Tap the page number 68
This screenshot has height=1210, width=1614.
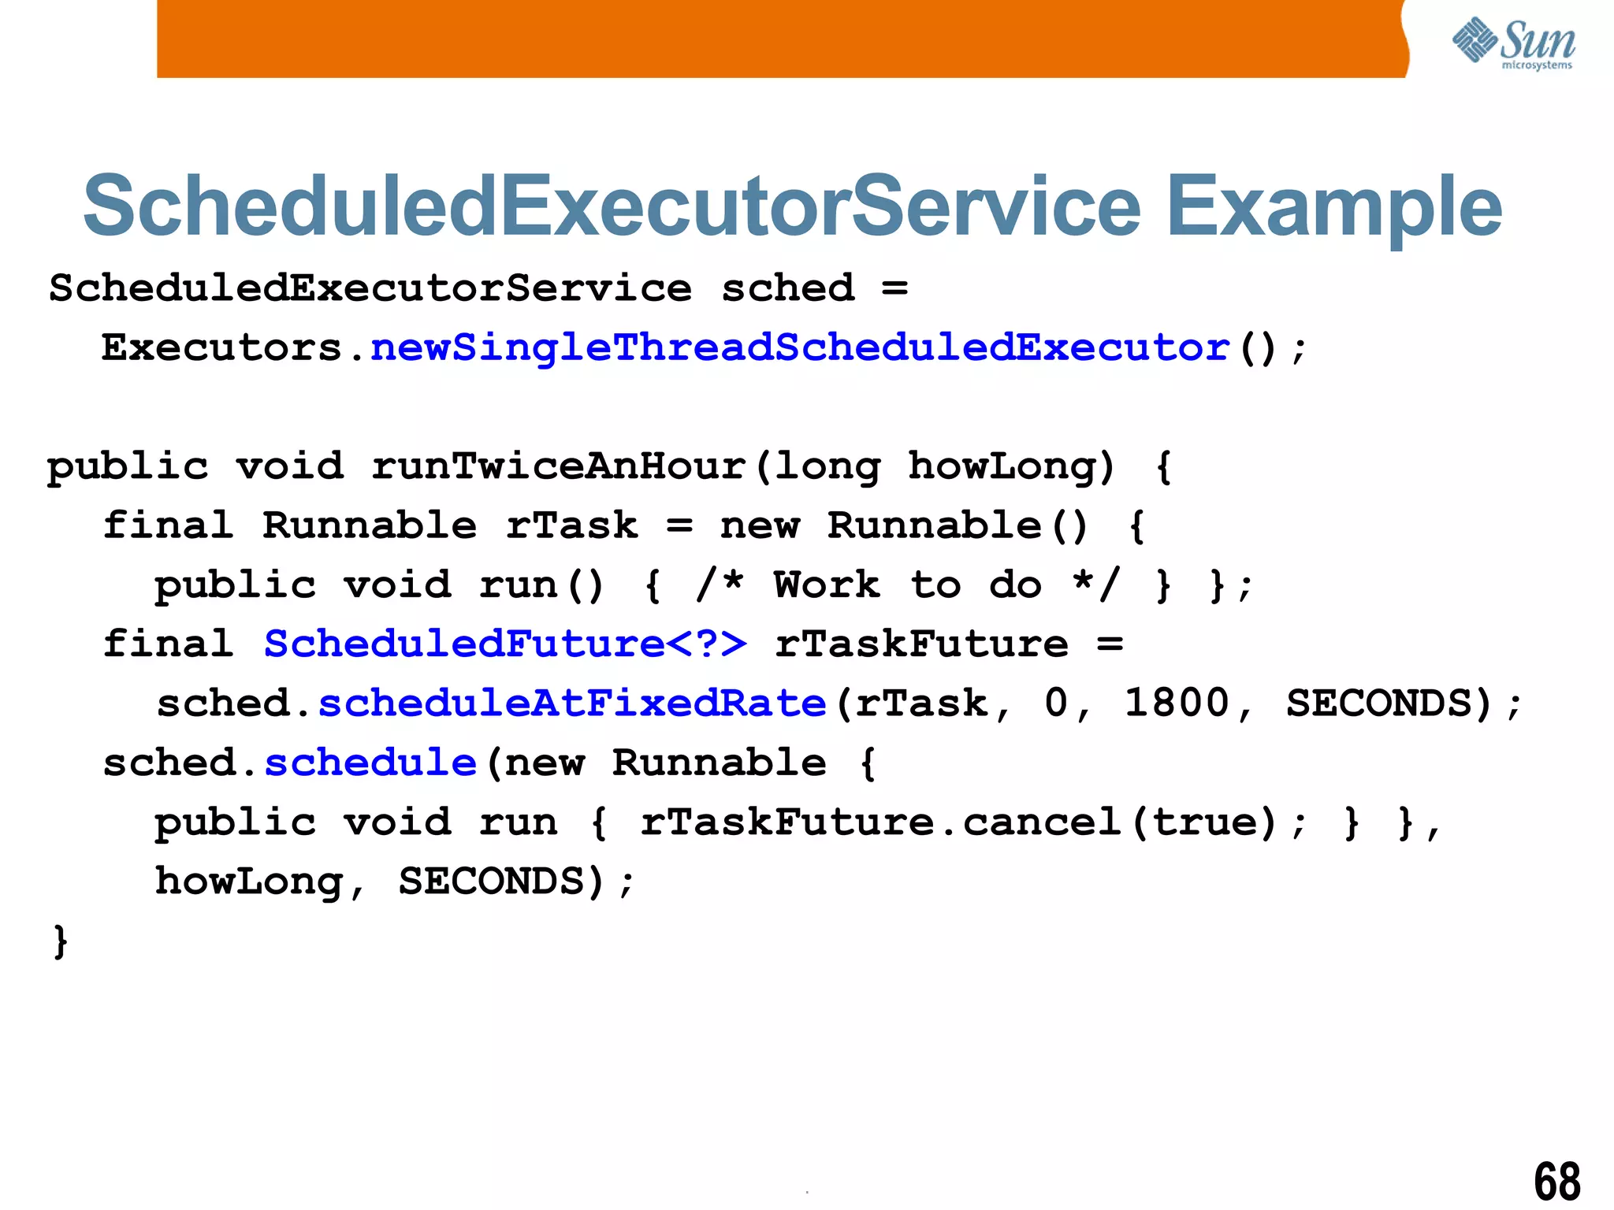[1557, 1181]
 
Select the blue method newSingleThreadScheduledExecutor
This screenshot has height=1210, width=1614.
[799, 347]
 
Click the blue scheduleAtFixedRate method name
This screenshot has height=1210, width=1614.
[572, 703]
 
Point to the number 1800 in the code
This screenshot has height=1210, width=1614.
[1176, 703]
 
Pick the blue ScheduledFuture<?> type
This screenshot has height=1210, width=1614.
[505, 644]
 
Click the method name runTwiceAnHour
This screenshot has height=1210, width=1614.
[559, 466]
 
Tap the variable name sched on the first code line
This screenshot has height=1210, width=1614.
[787, 288]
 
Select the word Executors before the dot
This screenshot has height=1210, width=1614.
[222, 347]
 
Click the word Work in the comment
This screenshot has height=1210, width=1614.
[827, 585]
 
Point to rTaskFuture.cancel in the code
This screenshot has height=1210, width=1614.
[880, 822]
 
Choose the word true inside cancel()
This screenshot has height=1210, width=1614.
[1213, 822]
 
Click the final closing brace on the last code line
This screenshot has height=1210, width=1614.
[60, 941]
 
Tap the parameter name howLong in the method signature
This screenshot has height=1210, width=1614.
[1001, 466]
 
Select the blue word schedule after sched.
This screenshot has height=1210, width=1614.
[370, 763]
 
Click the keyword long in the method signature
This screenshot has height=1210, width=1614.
[827, 466]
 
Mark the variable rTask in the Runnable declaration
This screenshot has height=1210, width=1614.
[571, 525]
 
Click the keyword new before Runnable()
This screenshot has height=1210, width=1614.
[760, 525]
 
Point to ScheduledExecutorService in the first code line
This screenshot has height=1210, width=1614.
[370, 288]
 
